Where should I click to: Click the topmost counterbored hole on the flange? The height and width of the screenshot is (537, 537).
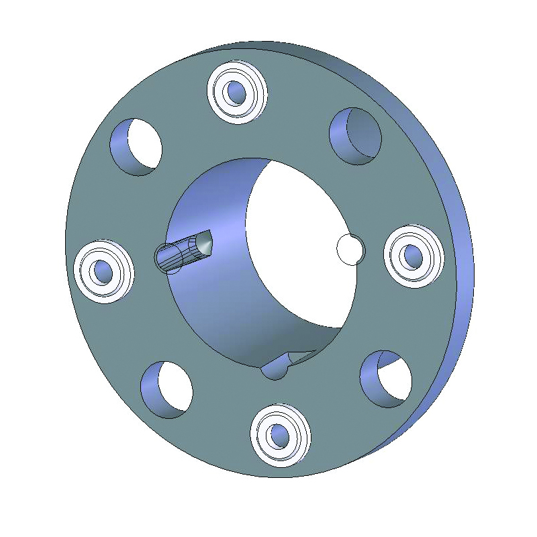238,91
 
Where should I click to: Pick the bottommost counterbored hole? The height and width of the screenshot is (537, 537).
281,436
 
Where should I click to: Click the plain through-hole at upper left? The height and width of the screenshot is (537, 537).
136,147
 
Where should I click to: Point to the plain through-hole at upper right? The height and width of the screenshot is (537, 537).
356,136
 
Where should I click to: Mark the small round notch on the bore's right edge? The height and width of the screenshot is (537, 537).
349,249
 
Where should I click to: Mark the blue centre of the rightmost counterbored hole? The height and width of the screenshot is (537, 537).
411,256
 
